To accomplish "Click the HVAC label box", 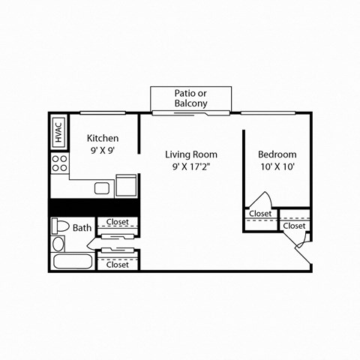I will pyautogui.click(x=58, y=132).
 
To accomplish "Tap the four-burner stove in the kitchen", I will pyautogui.click(x=58, y=163).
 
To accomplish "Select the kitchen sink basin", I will pyautogui.click(x=103, y=186).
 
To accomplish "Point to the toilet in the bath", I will pyautogui.click(x=59, y=226).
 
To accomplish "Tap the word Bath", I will pyautogui.click(x=82, y=227).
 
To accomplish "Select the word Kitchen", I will pyautogui.click(x=103, y=138).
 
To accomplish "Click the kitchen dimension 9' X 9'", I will pyautogui.click(x=103, y=150).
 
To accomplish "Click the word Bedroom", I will pyautogui.click(x=277, y=154).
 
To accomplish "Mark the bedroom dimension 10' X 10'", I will pyautogui.click(x=277, y=167).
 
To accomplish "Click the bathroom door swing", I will pyautogui.click(x=92, y=241).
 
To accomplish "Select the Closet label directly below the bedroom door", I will pyautogui.click(x=260, y=214).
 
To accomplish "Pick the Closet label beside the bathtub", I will pyautogui.click(x=118, y=264).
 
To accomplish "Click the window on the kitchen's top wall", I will pyautogui.click(x=102, y=113).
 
